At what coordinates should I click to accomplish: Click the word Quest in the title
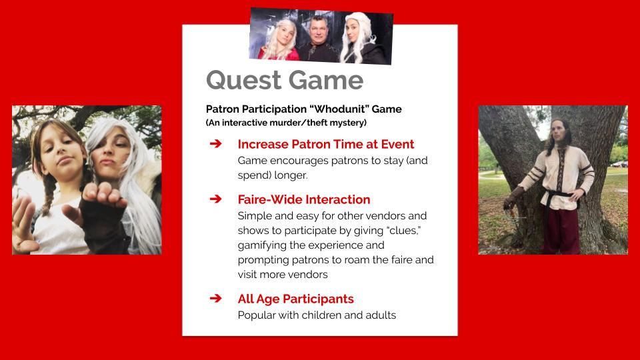coord(244,80)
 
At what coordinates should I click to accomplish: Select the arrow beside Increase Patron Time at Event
coord(215,144)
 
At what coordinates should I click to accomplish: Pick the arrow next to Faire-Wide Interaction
coord(215,199)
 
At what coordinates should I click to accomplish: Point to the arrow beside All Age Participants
coord(215,299)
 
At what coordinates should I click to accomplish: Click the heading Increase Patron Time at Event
coord(326,144)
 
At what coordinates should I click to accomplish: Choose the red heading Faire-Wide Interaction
coord(304,199)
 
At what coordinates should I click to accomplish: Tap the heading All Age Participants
coord(295,299)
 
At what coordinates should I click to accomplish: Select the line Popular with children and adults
coord(317,315)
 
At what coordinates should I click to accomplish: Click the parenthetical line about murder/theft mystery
coord(286,123)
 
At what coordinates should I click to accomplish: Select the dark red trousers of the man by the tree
coord(561,231)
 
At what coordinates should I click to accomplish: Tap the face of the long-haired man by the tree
coord(559,131)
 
